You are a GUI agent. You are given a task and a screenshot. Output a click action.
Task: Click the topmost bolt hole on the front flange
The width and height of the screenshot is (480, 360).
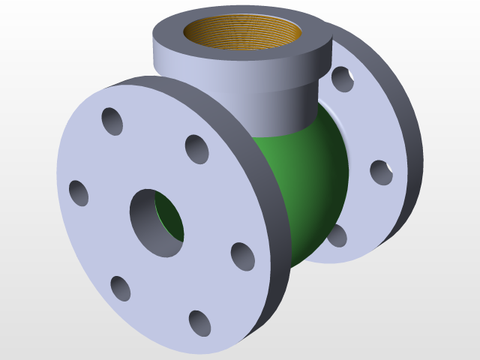tap(112, 121)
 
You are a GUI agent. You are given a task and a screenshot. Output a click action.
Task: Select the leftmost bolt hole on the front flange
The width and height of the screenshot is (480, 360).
tap(79, 192)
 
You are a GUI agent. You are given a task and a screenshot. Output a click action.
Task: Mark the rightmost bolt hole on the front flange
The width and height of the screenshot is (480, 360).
tap(242, 256)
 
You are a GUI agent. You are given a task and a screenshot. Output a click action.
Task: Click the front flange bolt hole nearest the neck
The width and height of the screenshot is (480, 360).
tap(196, 149)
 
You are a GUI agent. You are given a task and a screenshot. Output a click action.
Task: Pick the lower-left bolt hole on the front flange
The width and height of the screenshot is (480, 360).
tap(120, 288)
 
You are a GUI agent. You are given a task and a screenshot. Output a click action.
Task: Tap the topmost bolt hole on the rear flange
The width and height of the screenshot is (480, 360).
tap(342, 78)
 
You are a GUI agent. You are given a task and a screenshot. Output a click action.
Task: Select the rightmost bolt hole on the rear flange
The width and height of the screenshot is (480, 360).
tap(381, 172)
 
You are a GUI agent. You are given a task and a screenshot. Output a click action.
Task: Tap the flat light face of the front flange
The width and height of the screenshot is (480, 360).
tap(97, 240)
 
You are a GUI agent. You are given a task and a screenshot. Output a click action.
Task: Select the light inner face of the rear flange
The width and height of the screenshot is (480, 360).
tap(360, 127)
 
